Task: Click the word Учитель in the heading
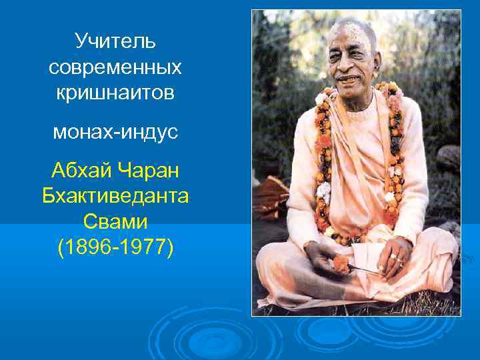115,41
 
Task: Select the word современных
115,67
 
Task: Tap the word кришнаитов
115,93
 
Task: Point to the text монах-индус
115,132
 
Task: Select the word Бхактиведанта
115,196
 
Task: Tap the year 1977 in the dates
143,247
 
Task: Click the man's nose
349,65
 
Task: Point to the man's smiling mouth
348,79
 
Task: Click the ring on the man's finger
393,255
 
